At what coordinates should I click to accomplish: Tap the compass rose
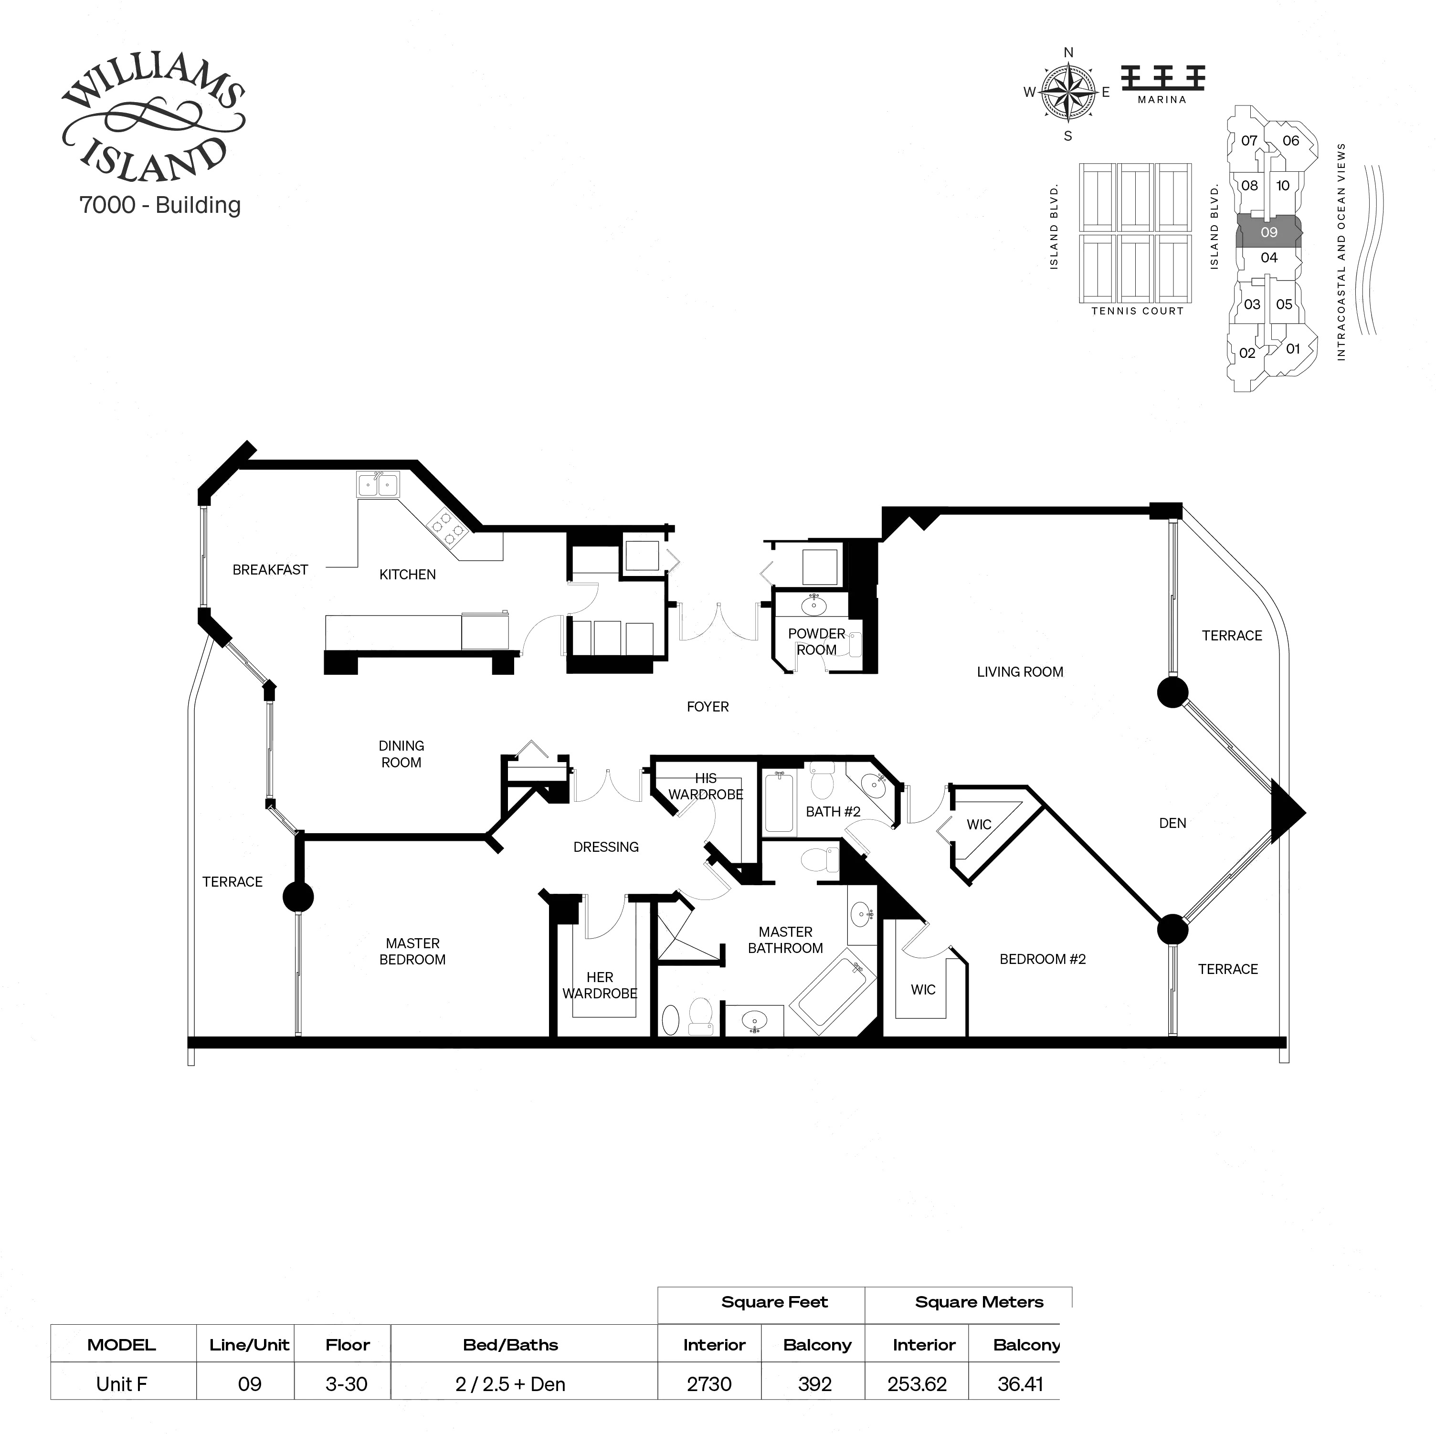click(1068, 94)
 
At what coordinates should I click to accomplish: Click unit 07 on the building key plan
click(1249, 140)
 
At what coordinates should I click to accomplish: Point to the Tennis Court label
click(1137, 311)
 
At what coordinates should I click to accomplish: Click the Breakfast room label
click(270, 570)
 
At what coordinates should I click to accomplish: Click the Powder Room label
click(816, 641)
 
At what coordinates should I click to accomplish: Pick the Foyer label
click(707, 707)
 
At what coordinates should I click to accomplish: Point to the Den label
click(1172, 823)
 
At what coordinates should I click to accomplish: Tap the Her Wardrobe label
click(600, 985)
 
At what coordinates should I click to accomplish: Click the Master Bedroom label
click(412, 951)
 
